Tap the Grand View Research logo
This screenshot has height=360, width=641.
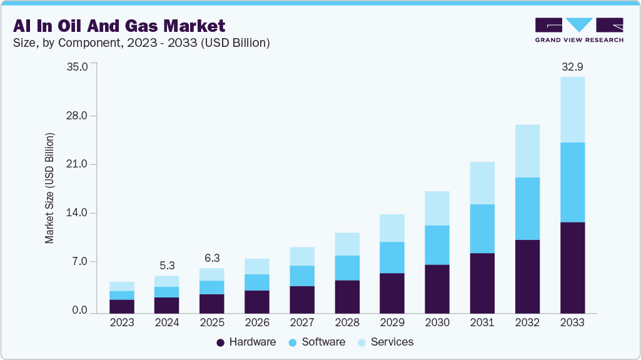[x=579, y=29]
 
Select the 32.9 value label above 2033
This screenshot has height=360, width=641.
[x=572, y=66]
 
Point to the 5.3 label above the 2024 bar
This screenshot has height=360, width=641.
[x=166, y=265]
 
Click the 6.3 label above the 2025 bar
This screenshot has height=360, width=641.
[x=211, y=257]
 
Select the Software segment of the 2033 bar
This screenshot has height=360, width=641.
[x=572, y=182]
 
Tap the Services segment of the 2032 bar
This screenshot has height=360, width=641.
[x=527, y=151]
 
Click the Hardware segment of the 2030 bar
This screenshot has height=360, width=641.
[x=437, y=289]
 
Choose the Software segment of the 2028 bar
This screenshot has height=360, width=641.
[x=347, y=267]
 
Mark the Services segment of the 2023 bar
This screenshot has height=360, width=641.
[x=121, y=286]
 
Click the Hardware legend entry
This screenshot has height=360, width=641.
[x=246, y=342]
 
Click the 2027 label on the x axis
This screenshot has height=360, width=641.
[x=302, y=323]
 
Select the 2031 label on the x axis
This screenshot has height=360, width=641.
[x=482, y=323]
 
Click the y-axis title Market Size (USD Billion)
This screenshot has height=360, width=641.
[x=49, y=187]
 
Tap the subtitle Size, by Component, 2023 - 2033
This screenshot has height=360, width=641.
[x=141, y=42]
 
